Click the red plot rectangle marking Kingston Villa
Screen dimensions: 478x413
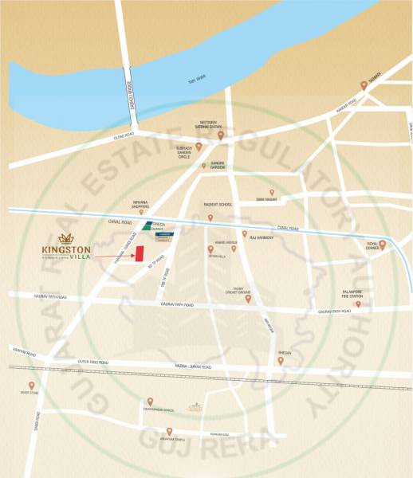click(138, 253)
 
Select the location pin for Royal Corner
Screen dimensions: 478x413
click(382, 245)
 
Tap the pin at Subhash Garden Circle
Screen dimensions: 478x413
click(199, 146)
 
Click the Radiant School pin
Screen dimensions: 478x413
click(210, 217)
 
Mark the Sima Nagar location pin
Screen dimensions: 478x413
click(271, 192)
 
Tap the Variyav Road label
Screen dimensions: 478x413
click(24, 351)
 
